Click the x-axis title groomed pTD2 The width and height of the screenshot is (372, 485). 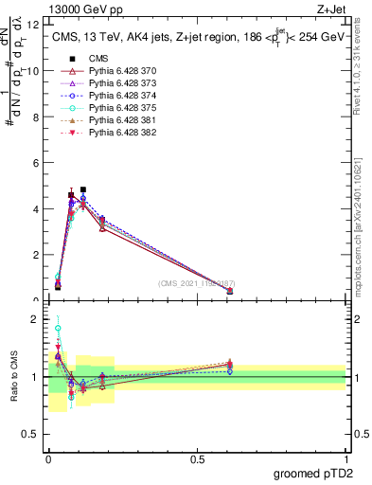[x=313, y=474]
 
